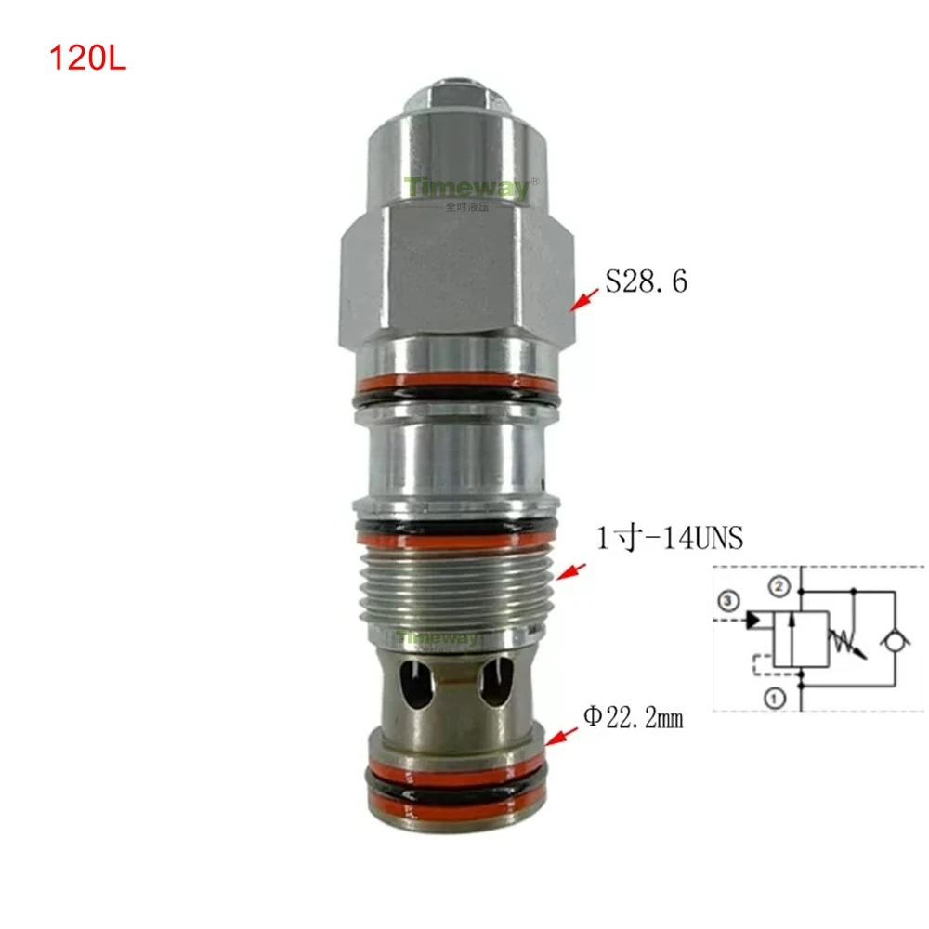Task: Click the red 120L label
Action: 87,59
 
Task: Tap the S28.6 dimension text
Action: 647,281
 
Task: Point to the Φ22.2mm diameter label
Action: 634,717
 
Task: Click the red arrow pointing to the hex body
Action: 584,300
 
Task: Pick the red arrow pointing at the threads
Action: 571,571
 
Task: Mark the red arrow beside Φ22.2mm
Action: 561,737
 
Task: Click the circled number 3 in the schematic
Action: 728,601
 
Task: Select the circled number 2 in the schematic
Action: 779,586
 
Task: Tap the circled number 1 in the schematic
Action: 775,698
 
